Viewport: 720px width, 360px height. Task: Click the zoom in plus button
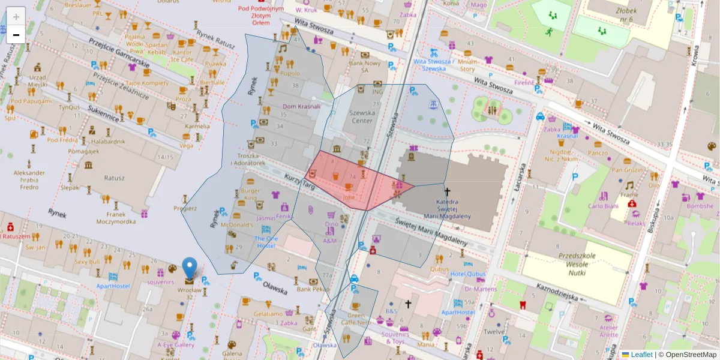16,17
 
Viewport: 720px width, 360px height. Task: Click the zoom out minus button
16,35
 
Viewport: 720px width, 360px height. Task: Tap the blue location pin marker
189,269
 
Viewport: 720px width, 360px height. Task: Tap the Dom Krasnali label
301,106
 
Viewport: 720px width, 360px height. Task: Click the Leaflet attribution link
640,355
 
